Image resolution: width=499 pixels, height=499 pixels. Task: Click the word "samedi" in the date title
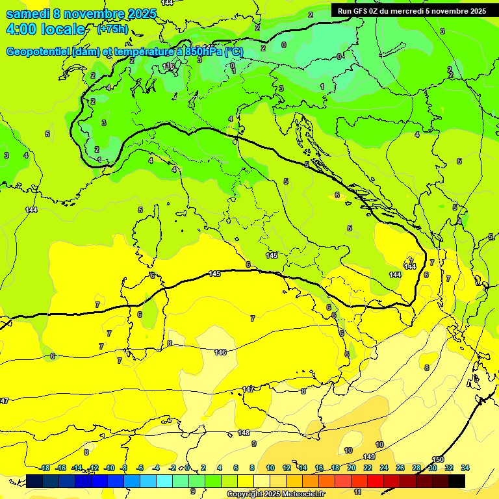(28, 14)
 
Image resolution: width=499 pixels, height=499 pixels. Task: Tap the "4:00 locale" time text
(45, 29)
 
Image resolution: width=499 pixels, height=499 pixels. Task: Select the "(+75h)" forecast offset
(112, 29)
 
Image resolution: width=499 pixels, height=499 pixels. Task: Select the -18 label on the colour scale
(45, 468)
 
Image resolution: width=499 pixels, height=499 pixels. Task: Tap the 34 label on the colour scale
(465, 468)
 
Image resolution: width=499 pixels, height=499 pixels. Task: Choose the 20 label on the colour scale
(352, 468)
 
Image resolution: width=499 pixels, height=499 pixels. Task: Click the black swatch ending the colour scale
(457, 481)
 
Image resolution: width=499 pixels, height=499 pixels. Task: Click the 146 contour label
(220, 352)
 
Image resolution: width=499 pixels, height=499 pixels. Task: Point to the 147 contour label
(248, 389)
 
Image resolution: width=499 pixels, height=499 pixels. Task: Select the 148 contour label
(244, 432)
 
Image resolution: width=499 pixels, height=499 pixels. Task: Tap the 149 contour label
(369, 457)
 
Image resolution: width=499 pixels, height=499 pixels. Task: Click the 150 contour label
(438, 459)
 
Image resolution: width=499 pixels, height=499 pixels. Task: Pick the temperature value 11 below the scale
(357, 493)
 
